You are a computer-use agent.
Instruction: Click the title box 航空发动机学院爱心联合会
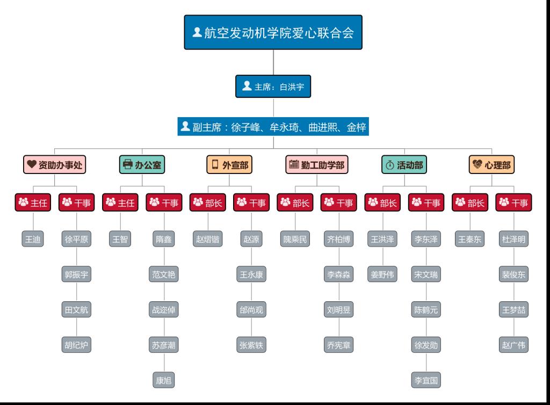click(273, 33)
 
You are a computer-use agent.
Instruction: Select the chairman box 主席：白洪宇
click(273, 86)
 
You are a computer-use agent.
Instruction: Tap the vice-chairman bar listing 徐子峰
click(273, 127)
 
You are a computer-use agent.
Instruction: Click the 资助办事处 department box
click(55, 165)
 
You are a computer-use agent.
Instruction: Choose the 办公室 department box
click(142, 165)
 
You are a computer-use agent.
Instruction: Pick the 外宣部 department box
click(229, 165)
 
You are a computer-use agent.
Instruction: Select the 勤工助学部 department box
click(317, 165)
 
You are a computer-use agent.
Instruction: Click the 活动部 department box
click(404, 165)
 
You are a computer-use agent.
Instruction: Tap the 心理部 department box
click(491, 165)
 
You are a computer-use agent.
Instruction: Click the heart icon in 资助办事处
click(32, 164)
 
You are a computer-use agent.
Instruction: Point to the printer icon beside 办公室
click(128, 164)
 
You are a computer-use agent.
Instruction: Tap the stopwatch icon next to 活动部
click(389, 165)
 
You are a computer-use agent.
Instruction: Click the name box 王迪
click(33, 240)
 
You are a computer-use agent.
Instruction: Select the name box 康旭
click(164, 380)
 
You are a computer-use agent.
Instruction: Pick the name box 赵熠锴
click(207, 240)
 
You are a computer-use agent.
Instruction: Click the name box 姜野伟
click(382, 274)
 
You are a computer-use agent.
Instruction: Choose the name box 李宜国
click(426, 380)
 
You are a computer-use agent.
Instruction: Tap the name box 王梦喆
click(513, 310)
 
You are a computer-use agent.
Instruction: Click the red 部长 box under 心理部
click(470, 202)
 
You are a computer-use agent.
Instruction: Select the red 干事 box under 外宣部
click(251, 202)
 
